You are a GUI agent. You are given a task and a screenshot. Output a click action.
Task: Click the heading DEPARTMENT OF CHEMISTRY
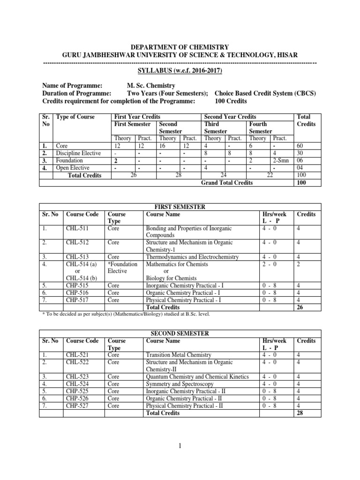[180, 47]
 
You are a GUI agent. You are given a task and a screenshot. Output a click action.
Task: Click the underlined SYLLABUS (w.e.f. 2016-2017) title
[180, 71]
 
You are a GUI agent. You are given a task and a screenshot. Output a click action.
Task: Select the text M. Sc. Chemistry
[151, 86]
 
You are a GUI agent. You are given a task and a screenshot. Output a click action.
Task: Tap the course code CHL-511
[77, 228]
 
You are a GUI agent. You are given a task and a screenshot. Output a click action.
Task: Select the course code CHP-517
[77, 300]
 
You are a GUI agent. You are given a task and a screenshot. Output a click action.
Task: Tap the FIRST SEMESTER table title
[180, 206]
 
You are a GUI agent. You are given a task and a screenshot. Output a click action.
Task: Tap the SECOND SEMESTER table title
[180, 333]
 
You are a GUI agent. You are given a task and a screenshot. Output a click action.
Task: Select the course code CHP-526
[77, 398]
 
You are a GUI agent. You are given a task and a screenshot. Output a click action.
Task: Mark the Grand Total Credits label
[226, 182]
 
